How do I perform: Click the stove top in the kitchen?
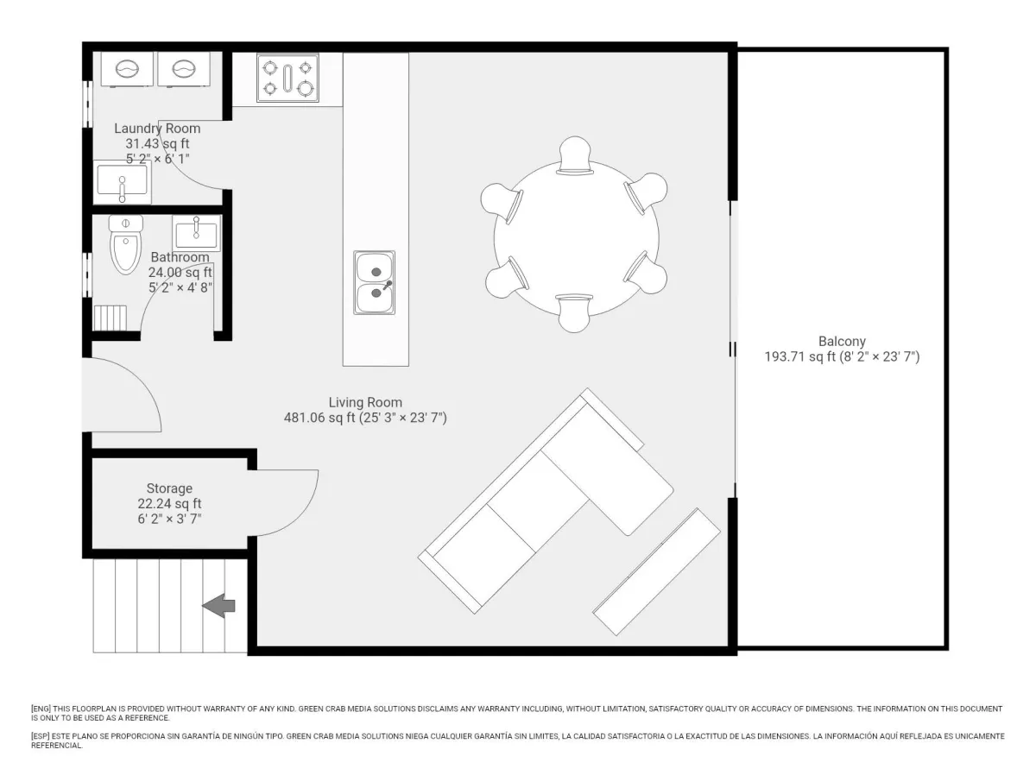tap(287, 78)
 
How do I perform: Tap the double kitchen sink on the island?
tap(375, 282)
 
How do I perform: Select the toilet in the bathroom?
tap(125, 245)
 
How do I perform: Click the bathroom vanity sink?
tap(196, 234)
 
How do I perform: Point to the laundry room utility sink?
tap(123, 182)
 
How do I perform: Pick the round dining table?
tap(577, 239)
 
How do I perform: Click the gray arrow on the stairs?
tap(218, 606)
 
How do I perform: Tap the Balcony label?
tap(842, 341)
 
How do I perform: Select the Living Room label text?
tap(365, 402)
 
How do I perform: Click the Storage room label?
tap(169, 488)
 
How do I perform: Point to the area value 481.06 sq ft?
tap(319, 418)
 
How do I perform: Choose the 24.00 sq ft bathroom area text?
tap(180, 272)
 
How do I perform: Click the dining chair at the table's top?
tap(574, 155)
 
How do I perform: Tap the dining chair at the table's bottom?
tap(574, 313)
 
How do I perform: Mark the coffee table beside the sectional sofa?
tap(656, 571)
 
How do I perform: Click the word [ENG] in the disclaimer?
tap(41, 709)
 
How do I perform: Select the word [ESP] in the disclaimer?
tap(41, 736)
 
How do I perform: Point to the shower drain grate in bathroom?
tap(110, 318)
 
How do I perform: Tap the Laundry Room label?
tap(157, 129)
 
